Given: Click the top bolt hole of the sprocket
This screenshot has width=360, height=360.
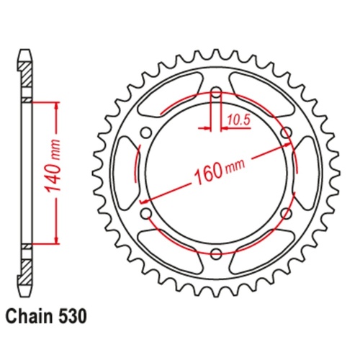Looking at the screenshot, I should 215,93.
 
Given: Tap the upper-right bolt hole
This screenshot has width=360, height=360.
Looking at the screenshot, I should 286,132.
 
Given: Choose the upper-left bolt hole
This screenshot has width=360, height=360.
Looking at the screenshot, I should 145,132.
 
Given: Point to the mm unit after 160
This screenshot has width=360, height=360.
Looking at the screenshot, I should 235,165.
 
